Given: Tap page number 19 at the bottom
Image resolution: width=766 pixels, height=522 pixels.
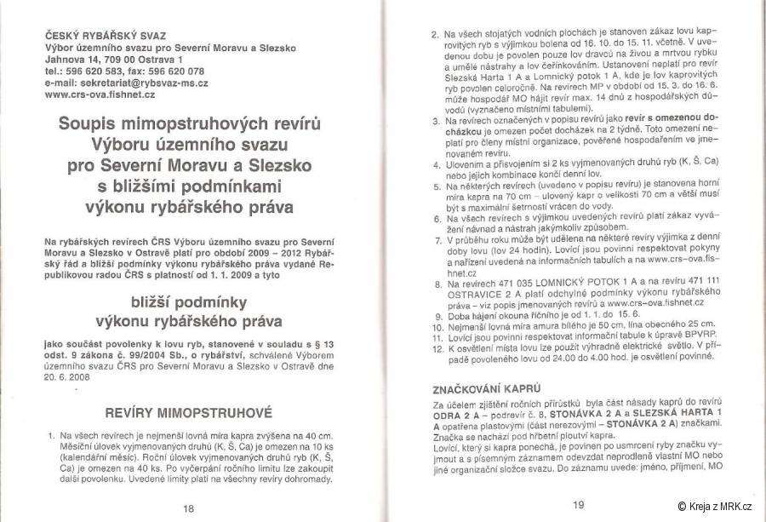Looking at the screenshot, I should (x=579, y=504).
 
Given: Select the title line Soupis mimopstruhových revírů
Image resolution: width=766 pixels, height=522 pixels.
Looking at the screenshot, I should (x=189, y=123).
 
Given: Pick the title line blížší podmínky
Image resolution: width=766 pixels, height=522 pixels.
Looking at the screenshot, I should (x=188, y=301).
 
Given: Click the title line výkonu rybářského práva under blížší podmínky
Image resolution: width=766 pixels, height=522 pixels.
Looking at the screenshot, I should (x=188, y=322).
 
